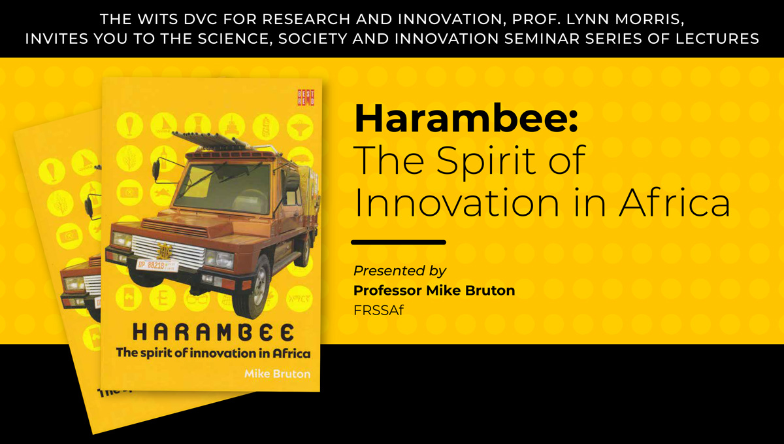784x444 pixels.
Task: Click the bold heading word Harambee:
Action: point(466,118)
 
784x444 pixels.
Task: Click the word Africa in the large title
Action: point(674,203)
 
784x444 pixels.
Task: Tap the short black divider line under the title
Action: point(399,242)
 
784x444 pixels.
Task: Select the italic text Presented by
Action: point(400,271)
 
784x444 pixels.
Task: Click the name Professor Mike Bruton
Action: point(434,290)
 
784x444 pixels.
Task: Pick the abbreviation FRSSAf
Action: point(378,310)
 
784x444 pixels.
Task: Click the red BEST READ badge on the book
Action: point(306,97)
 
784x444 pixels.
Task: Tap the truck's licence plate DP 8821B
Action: point(156,265)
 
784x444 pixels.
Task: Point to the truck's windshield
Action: point(223,188)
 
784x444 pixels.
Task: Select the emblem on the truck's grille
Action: point(164,250)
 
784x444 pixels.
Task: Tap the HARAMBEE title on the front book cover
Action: point(213,333)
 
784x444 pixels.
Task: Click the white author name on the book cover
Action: point(277,374)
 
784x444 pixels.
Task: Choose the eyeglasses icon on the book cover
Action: point(197,299)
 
